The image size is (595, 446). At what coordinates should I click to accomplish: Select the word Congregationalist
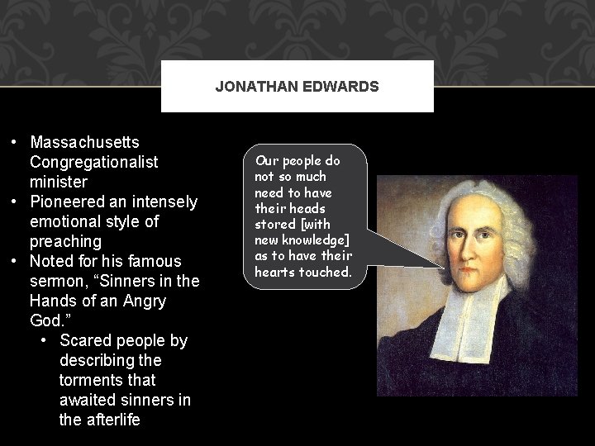93,162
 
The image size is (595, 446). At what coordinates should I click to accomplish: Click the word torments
92,380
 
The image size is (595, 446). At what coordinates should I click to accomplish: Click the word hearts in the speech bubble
277,271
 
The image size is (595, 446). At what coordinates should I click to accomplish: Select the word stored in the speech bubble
274,224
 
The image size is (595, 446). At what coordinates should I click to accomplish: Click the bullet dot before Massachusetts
15,142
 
